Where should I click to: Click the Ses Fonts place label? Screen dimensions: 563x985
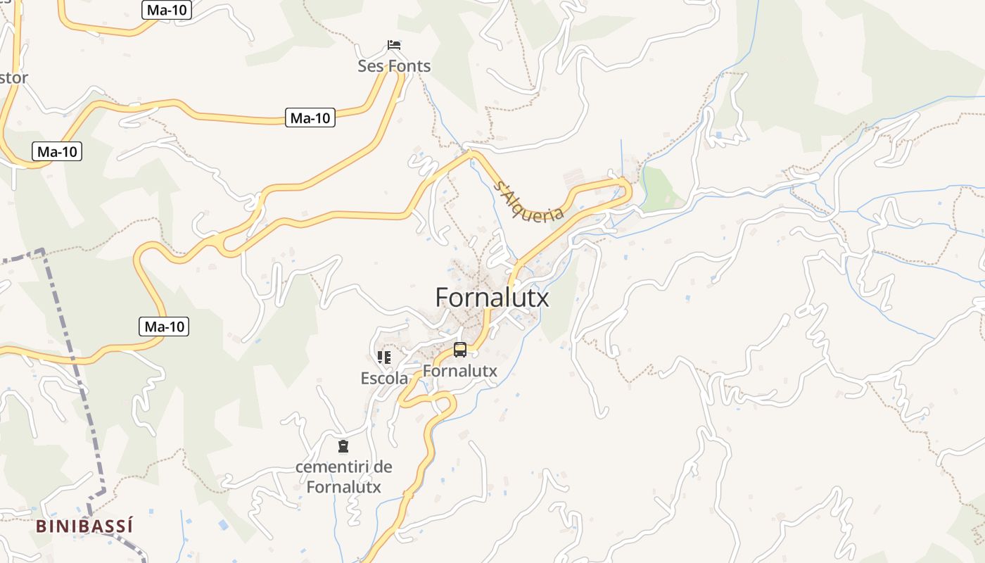(394, 66)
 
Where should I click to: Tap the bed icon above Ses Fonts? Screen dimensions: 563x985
(394, 45)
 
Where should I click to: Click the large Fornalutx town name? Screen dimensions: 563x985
(492, 298)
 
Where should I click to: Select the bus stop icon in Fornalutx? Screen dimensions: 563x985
(459, 349)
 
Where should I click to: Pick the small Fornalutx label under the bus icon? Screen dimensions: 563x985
(460, 370)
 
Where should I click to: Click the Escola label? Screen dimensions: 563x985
(383, 378)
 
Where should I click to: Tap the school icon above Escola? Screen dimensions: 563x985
(383, 358)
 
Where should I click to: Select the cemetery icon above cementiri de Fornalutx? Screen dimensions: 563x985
(343, 446)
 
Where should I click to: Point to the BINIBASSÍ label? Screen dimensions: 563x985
(84, 526)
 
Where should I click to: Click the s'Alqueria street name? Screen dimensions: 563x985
(530, 201)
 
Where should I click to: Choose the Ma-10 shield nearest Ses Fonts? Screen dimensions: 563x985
(310, 118)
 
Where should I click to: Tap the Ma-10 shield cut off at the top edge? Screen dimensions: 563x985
(167, 10)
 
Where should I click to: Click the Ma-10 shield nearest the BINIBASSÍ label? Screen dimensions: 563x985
(164, 327)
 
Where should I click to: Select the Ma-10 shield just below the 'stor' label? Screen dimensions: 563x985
(58, 151)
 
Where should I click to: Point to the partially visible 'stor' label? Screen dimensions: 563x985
(13, 77)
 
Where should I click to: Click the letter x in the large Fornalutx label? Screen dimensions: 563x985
(541, 298)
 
